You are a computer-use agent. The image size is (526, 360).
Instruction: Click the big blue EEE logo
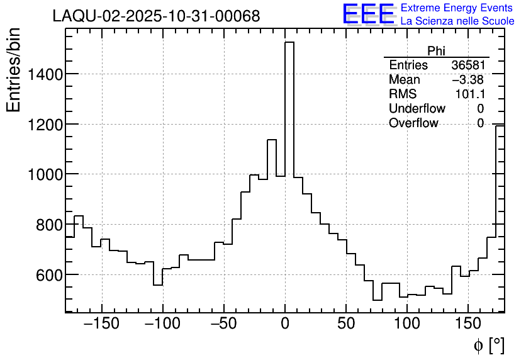tap(368, 14)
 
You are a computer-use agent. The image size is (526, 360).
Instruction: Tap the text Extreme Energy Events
tap(456, 8)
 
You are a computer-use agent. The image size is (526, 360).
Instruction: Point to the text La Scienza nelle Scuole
tap(457, 21)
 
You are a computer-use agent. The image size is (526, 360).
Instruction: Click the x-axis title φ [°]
tap(488, 346)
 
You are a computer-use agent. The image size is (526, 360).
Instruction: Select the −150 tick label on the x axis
tap(101, 324)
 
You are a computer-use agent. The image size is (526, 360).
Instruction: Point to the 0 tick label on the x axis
tap(285, 324)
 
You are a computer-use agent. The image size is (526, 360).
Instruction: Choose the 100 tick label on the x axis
tap(407, 324)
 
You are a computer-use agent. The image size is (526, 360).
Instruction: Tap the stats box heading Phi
tap(436, 51)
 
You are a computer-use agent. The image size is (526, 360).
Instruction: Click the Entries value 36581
tap(467, 65)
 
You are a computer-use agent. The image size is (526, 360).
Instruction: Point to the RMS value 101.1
tap(469, 94)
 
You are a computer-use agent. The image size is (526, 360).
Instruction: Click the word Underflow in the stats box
tap(417, 109)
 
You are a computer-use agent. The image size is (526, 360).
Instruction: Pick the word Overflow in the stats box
tap(413, 123)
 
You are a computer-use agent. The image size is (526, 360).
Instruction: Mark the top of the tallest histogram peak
tap(289, 42)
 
